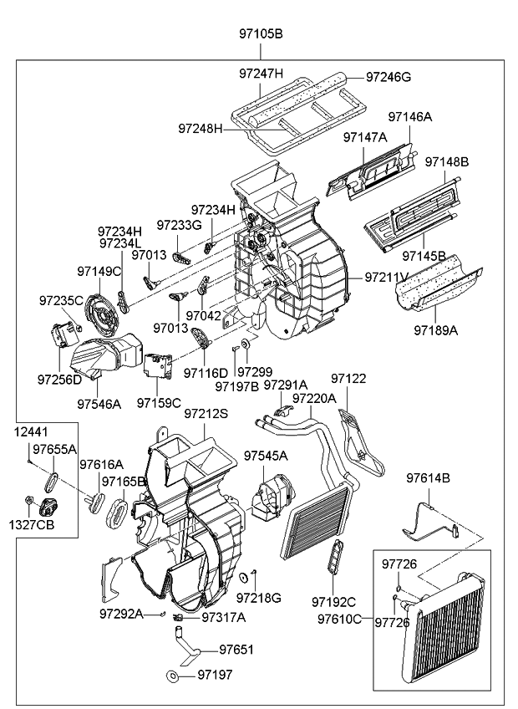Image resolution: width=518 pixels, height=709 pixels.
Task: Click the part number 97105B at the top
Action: (x=261, y=34)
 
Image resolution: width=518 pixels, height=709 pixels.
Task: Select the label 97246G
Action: (x=388, y=77)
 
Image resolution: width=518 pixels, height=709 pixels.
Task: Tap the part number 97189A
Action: (x=435, y=330)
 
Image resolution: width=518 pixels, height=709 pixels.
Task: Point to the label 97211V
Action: (x=387, y=277)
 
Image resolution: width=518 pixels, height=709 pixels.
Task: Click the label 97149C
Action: (x=99, y=271)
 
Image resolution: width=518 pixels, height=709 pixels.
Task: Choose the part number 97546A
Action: (x=99, y=404)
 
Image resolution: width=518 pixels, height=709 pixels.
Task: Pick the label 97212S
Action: (x=206, y=413)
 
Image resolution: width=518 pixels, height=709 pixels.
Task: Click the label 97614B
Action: (x=429, y=478)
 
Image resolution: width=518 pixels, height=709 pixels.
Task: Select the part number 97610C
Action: (x=340, y=619)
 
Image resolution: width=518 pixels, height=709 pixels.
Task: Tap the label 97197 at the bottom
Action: (x=216, y=674)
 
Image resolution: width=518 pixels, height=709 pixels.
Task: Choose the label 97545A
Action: (x=266, y=456)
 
